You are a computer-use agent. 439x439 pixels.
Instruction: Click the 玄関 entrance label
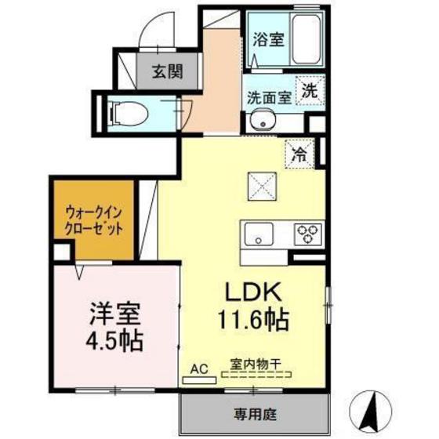tap(166, 72)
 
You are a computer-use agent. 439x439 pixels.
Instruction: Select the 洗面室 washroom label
tap(269, 99)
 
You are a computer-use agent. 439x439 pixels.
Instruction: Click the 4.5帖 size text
tap(114, 342)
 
